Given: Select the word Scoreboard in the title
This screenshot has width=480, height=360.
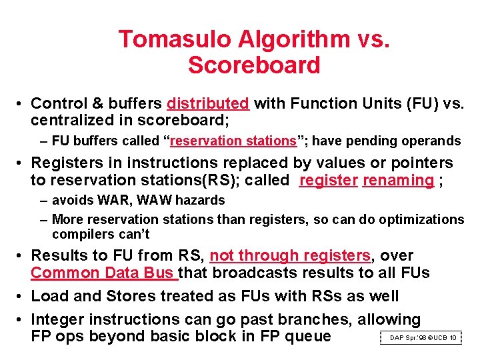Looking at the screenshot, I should [x=254, y=65].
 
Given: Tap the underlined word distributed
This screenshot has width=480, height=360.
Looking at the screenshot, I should [x=208, y=103].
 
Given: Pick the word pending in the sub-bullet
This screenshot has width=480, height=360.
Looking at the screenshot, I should [x=368, y=141].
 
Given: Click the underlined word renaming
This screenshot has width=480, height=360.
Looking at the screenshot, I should [x=398, y=180].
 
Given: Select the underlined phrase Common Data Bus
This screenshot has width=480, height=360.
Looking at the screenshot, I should [x=103, y=273].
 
